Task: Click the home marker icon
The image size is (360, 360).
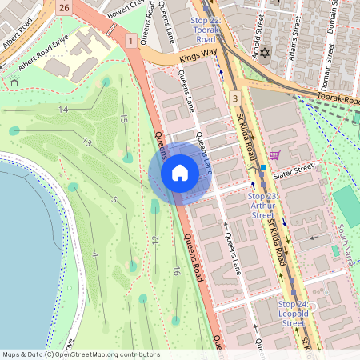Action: tap(180, 174)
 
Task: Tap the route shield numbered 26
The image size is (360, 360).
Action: tap(64, 7)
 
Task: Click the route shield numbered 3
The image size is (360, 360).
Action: tap(234, 98)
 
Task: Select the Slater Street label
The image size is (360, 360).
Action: tap(294, 171)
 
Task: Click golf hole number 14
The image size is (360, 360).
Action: tap(62, 108)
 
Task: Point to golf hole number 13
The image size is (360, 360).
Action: tap(86, 142)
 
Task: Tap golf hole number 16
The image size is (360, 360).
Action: tap(175, 272)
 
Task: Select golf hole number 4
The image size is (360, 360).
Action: tap(95, 254)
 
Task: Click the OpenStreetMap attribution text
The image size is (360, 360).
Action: tap(80, 354)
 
